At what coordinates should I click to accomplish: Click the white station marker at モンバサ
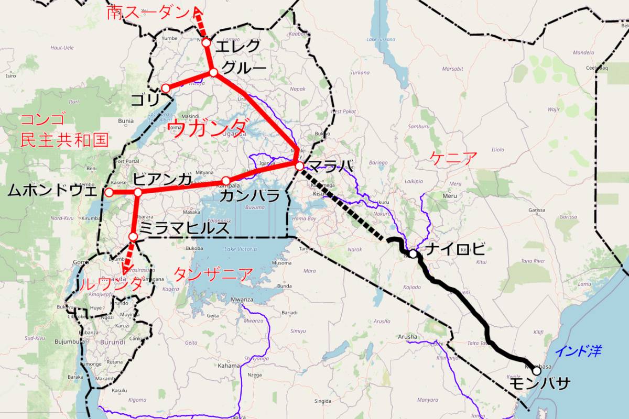(x=536, y=371)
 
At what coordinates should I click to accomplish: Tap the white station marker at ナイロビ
(x=413, y=254)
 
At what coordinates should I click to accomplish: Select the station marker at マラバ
(x=299, y=166)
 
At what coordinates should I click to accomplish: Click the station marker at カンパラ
(x=226, y=181)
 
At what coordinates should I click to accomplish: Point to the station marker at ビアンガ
(x=138, y=192)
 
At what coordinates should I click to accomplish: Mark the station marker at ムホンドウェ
(x=109, y=192)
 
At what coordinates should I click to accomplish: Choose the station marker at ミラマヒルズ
(x=133, y=237)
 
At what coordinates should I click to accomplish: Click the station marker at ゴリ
(x=165, y=88)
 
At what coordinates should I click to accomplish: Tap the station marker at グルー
(x=213, y=72)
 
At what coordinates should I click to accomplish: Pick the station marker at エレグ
(x=206, y=42)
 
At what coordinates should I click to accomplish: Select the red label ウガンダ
(x=209, y=127)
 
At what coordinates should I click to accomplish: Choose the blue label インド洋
(x=578, y=350)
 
